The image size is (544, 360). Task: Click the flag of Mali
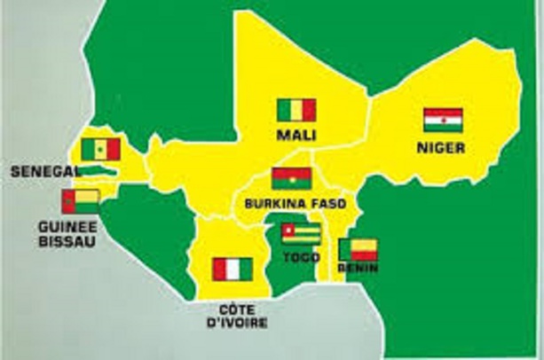click(x=296, y=110)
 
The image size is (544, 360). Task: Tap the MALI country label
click(x=296, y=135)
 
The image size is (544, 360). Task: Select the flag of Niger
click(x=441, y=120)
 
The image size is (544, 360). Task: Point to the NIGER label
click(x=441, y=148)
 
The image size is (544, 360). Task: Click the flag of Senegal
click(x=100, y=149)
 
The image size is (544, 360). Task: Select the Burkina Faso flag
click(x=290, y=179)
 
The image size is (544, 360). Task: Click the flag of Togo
click(x=300, y=234)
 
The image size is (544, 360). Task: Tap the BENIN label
click(x=358, y=268)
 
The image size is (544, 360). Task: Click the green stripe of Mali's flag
click(x=284, y=110)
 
